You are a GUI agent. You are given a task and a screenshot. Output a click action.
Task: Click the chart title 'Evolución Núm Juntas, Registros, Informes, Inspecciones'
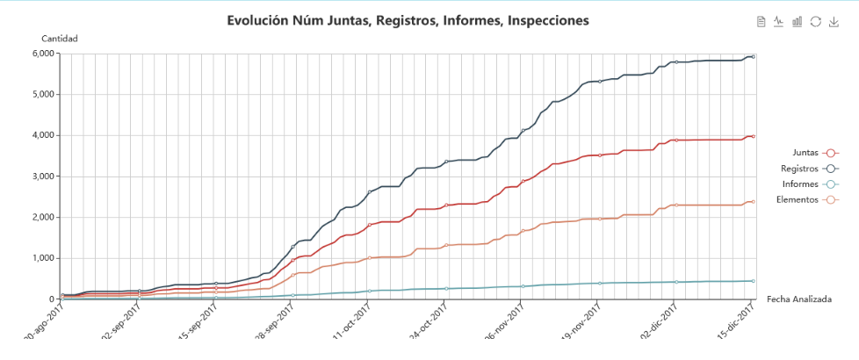(408, 19)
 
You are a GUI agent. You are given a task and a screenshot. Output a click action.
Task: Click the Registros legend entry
(809, 168)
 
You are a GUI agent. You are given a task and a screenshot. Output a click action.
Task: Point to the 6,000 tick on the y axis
(44, 54)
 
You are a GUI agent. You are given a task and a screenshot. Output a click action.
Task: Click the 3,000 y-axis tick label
(44, 176)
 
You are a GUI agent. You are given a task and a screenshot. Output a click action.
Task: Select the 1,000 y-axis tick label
(44, 258)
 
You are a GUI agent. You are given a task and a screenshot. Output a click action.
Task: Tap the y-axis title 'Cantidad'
(60, 39)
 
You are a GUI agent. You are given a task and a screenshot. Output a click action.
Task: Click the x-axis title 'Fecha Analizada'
(799, 299)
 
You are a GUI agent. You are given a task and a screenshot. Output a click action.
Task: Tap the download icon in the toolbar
(834, 21)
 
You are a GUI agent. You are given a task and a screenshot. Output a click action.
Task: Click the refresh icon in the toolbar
(816, 21)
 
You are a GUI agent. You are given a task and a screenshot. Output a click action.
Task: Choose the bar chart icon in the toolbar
(798, 21)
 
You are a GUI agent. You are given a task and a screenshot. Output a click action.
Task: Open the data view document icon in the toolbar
(761, 21)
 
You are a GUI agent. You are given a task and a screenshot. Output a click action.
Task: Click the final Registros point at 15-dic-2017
(753, 56)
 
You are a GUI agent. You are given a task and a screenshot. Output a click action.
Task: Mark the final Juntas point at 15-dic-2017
(753, 136)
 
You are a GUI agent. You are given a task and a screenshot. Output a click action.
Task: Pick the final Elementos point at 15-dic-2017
(753, 201)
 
